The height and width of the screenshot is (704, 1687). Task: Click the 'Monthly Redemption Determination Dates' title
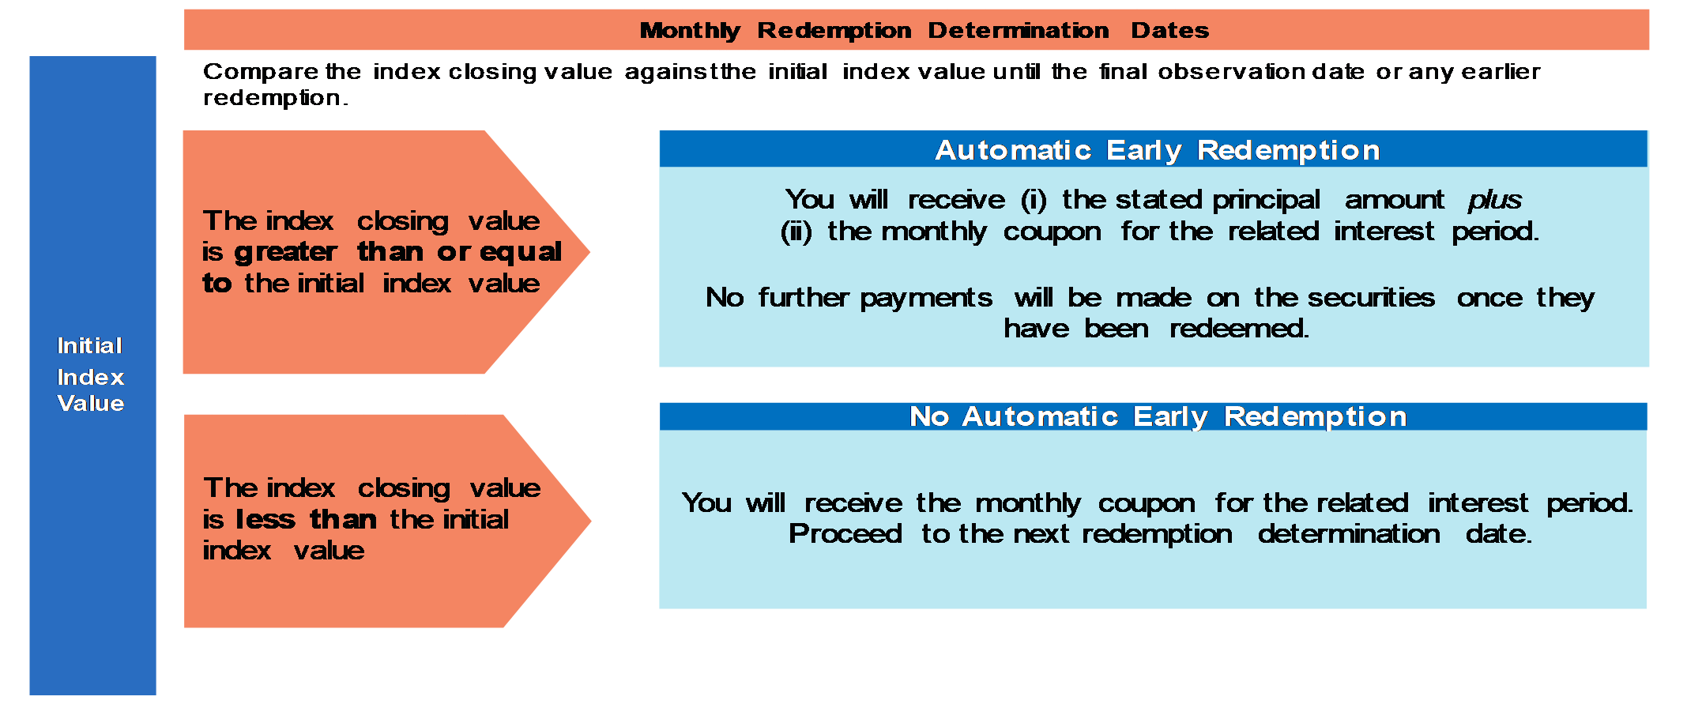[924, 30]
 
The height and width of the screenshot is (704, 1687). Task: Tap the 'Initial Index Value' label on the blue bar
[91, 374]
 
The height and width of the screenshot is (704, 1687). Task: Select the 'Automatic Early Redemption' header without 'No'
[1158, 150]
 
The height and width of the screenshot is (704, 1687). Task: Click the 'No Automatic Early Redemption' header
[1158, 416]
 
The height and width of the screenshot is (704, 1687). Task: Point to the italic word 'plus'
[1495, 201]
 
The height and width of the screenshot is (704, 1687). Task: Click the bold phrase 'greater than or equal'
[398, 252]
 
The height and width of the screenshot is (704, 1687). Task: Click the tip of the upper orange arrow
[589, 252]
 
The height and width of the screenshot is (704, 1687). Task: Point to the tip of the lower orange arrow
[590, 521]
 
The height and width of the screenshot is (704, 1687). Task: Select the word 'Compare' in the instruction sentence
[260, 72]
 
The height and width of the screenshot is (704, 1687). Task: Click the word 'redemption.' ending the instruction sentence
[275, 98]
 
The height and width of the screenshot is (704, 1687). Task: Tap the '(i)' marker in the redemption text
[1034, 200]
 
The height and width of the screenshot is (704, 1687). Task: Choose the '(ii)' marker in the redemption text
[796, 232]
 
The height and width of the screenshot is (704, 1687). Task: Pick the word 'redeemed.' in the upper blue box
[1239, 328]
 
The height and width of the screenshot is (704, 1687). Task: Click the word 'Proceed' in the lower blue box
[845, 533]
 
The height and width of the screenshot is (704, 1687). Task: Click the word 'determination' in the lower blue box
[1349, 533]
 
